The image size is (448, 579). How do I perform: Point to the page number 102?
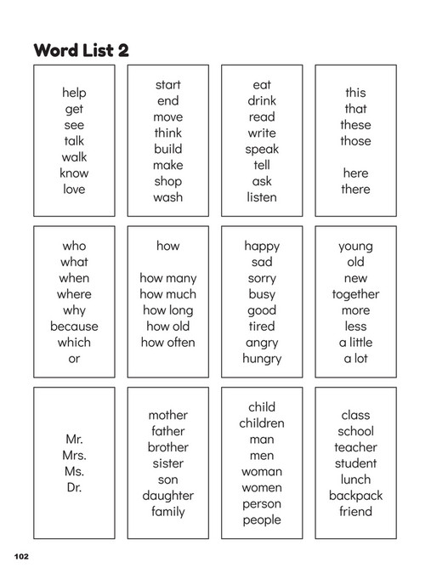click(21, 556)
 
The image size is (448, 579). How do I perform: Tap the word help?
click(74, 93)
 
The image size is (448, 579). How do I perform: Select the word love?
click(74, 190)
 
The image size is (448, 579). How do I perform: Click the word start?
click(168, 85)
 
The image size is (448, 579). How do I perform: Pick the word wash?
click(168, 197)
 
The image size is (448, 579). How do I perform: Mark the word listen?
click(262, 197)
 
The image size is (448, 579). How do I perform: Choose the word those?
click(355, 141)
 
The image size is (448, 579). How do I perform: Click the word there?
click(355, 190)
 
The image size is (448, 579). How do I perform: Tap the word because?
click(74, 326)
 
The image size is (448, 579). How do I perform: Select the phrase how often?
click(168, 343)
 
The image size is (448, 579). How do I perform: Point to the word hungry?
click(262, 359)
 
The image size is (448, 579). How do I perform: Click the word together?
click(355, 294)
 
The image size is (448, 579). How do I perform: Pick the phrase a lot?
click(355, 359)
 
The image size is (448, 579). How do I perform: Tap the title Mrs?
click(74, 456)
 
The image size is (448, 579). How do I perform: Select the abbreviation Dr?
click(74, 488)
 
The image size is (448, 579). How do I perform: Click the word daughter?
click(168, 496)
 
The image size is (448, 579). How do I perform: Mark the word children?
click(262, 423)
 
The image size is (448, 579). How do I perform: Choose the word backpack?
click(355, 496)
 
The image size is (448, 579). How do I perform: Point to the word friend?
click(355, 512)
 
